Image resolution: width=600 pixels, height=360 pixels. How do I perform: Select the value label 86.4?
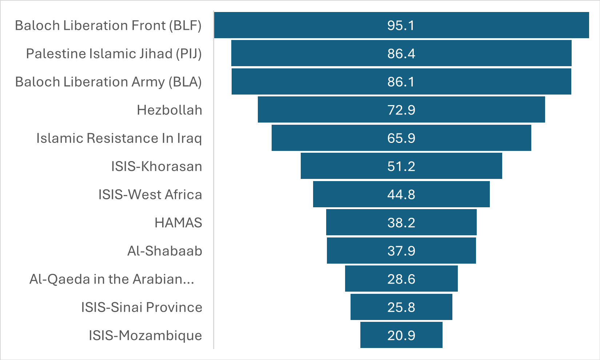click(x=401, y=53)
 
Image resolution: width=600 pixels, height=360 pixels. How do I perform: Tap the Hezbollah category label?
click(x=169, y=110)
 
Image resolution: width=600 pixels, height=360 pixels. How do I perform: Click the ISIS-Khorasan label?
click(x=156, y=166)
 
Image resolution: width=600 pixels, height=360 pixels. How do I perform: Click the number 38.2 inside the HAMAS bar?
click(x=401, y=223)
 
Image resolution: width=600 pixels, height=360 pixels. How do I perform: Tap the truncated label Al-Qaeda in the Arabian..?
click(x=112, y=279)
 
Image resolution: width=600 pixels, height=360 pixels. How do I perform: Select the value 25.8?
click(x=401, y=307)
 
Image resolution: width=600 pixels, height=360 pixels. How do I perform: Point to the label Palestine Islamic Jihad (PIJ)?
click(x=114, y=53)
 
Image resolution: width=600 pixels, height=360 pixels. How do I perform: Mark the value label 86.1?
click(x=401, y=82)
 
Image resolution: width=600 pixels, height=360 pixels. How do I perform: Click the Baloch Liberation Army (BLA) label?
click(x=108, y=82)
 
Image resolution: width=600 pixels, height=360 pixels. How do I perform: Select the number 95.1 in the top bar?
click(x=401, y=25)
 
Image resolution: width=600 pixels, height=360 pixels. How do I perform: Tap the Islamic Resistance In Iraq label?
click(x=119, y=138)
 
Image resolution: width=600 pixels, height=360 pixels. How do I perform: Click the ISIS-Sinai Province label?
click(x=141, y=307)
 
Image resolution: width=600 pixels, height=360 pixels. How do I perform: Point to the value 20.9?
click(x=401, y=335)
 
